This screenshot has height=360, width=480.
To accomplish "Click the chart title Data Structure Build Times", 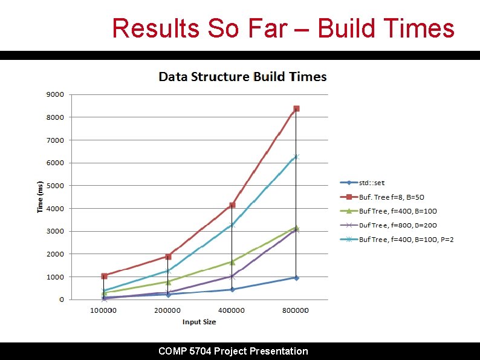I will [242, 77].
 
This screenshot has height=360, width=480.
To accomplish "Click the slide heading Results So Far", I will [283, 28].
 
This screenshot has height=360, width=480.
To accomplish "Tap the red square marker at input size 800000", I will [296, 109].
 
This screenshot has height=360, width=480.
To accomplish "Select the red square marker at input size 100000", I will [104, 276].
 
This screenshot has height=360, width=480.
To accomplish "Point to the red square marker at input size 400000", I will [232, 205].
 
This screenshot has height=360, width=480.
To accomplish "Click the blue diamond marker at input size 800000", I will [296, 278].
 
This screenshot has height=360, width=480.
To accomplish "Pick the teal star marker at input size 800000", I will [296, 157].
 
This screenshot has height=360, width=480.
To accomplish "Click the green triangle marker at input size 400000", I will [232, 262].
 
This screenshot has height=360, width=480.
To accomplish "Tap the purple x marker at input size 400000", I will [232, 277].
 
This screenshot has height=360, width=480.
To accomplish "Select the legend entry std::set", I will [371, 183].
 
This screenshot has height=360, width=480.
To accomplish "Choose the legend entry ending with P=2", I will [406, 240].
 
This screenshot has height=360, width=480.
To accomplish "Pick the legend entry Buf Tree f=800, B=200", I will [398, 225].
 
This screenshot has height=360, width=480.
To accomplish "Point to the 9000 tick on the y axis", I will [56, 94].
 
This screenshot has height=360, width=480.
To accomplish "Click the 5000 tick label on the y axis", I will [56, 186].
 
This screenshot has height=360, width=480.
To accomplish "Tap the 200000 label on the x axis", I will [167, 310].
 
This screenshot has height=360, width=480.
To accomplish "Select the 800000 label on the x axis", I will [296, 310].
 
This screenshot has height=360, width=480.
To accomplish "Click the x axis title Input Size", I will [199, 322].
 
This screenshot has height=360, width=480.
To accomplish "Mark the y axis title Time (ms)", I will [41, 197].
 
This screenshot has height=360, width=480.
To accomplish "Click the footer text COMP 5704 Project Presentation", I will [233, 351].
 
